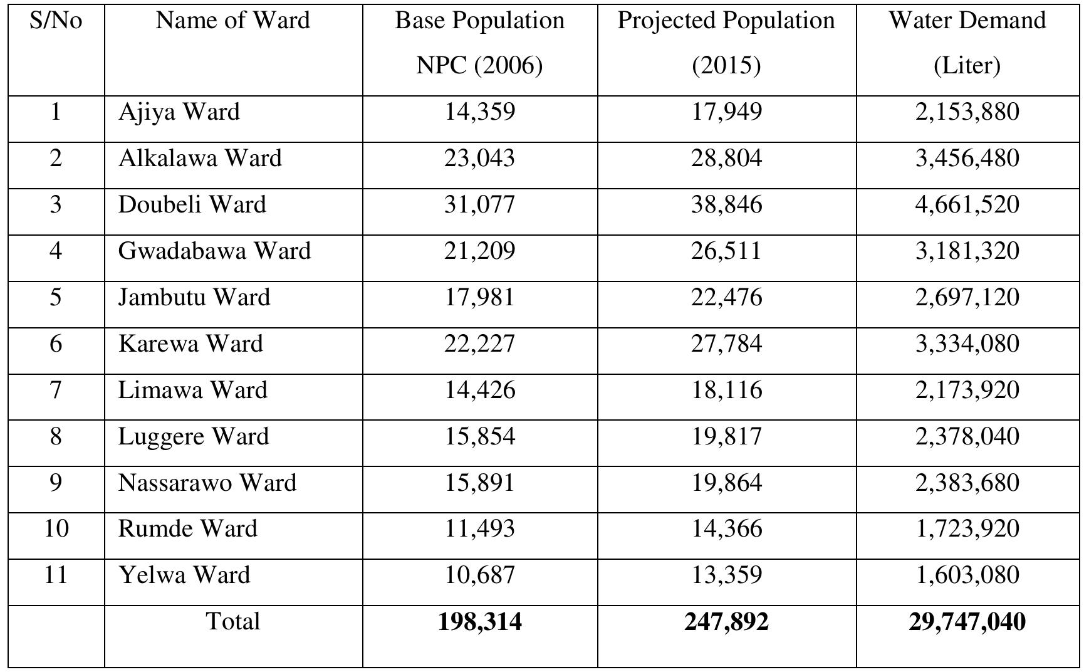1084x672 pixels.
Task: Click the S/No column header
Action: coord(56,21)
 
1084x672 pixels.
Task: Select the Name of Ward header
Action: coord(232,21)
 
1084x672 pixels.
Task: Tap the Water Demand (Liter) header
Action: coord(967,43)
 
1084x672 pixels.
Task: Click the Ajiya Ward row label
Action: coord(179,112)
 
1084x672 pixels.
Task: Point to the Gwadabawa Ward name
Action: coord(214,251)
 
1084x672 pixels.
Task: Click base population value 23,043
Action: coord(479,159)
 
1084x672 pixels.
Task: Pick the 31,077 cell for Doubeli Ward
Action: coord(479,205)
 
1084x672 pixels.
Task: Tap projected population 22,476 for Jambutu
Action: coord(726,298)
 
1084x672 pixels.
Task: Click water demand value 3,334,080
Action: coord(967,344)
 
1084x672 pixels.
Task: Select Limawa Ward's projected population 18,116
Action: coord(726,391)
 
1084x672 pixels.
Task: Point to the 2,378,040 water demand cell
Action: coord(967,437)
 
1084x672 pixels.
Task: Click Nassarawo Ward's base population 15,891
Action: coord(479,483)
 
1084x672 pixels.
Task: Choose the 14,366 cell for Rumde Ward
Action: coord(726,529)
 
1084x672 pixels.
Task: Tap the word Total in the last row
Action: coord(232,622)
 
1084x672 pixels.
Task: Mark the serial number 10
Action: coord(56,529)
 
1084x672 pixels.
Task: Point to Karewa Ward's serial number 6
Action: coord(56,344)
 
